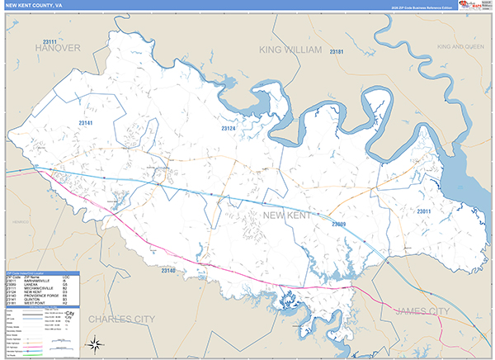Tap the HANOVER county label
[x=58, y=49]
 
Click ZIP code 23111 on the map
[x=50, y=41]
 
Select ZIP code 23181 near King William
[x=337, y=52]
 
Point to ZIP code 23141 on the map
[x=85, y=123]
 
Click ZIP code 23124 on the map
[x=228, y=129]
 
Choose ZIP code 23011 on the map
[x=423, y=212]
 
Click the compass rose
[x=95, y=344]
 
